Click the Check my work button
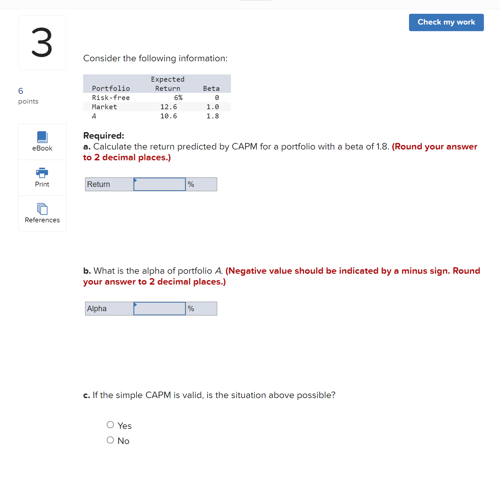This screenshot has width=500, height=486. (446, 22)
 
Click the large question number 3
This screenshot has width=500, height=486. (42, 43)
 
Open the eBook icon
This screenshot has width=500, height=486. (42, 137)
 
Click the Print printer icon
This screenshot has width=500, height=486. (42, 172)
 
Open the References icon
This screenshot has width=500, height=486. (42, 209)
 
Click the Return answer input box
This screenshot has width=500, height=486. (160, 184)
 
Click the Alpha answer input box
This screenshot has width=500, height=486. (160, 309)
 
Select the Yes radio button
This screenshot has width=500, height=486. (110, 425)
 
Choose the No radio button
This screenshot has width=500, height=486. (110, 440)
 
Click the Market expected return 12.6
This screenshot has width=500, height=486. (169, 107)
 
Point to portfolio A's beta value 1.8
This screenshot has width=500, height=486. (213, 116)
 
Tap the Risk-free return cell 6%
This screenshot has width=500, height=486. (178, 98)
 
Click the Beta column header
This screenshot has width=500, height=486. (211, 89)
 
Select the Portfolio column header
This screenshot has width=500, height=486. (111, 89)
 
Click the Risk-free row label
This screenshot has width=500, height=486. (111, 98)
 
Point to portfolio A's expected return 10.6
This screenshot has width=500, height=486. (169, 116)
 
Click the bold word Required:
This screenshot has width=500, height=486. (103, 135)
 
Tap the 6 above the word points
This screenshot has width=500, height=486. (21, 91)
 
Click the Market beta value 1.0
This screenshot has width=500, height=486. (213, 107)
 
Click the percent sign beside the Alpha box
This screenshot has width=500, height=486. (191, 309)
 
